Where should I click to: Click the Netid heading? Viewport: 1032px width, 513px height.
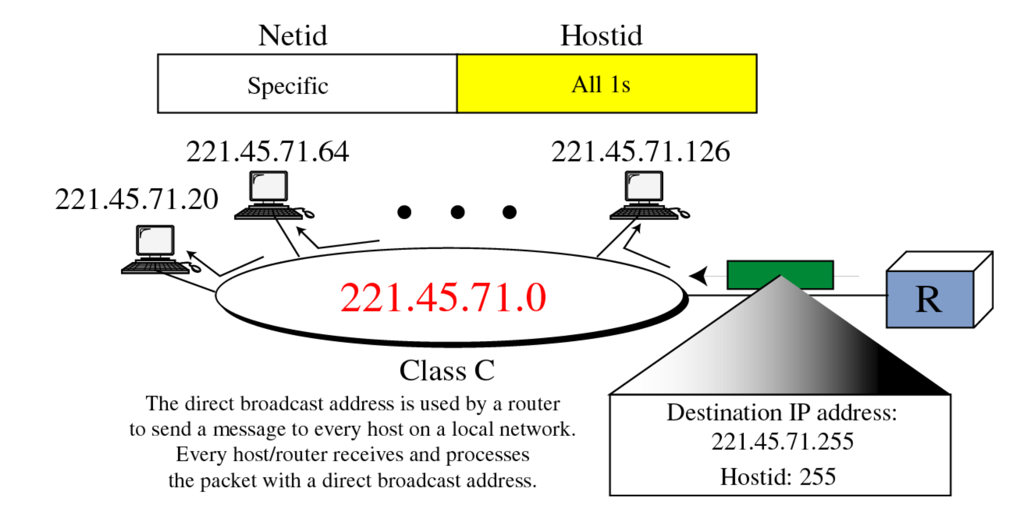(292, 36)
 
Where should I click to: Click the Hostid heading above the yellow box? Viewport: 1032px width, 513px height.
(601, 36)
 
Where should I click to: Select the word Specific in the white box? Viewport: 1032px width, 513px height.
(288, 85)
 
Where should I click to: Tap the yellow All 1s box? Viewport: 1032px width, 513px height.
(607, 84)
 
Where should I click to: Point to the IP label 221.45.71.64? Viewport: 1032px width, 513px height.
(267, 152)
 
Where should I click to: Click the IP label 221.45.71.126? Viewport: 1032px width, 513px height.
(640, 152)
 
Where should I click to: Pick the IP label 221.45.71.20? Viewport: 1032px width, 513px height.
(136, 199)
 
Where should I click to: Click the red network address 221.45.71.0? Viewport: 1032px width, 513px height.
(443, 298)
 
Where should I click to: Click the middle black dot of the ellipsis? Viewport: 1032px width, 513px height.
(457, 212)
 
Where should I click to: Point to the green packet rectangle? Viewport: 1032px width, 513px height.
(780, 274)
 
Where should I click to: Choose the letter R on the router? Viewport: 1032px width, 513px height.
(928, 300)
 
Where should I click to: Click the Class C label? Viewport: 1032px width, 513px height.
(447, 371)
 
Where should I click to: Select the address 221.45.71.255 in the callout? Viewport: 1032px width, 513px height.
(782, 441)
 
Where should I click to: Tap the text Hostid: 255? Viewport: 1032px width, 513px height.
(778, 477)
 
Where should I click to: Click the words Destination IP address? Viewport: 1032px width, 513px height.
(782, 412)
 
